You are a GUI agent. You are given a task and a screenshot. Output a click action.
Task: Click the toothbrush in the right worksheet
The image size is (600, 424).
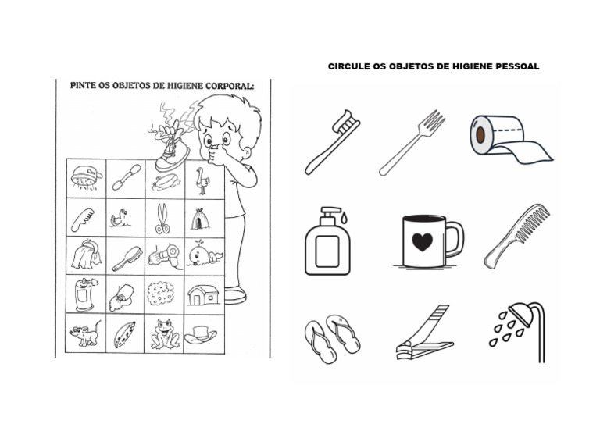(332, 141)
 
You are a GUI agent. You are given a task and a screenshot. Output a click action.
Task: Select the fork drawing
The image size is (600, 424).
(412, 142)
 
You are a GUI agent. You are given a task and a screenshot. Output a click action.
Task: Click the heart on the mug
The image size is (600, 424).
(422, 241)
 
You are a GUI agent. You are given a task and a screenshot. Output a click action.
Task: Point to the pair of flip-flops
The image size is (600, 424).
(332, 338)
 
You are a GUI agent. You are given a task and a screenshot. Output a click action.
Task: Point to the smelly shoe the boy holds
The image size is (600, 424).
(170, 152)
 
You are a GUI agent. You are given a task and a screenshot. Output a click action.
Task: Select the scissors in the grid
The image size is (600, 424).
(162, 218)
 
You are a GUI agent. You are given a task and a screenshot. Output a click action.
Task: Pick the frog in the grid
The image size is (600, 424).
(165, 333)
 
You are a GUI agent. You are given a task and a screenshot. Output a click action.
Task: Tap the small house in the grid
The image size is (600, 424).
(203, 294)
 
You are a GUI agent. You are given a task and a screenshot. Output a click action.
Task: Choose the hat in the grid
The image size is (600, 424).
(202, 334)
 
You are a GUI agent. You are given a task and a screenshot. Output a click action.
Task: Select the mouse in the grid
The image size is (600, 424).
(84, 335)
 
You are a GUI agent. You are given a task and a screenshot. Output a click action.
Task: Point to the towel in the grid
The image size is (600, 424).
(84, 255)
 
